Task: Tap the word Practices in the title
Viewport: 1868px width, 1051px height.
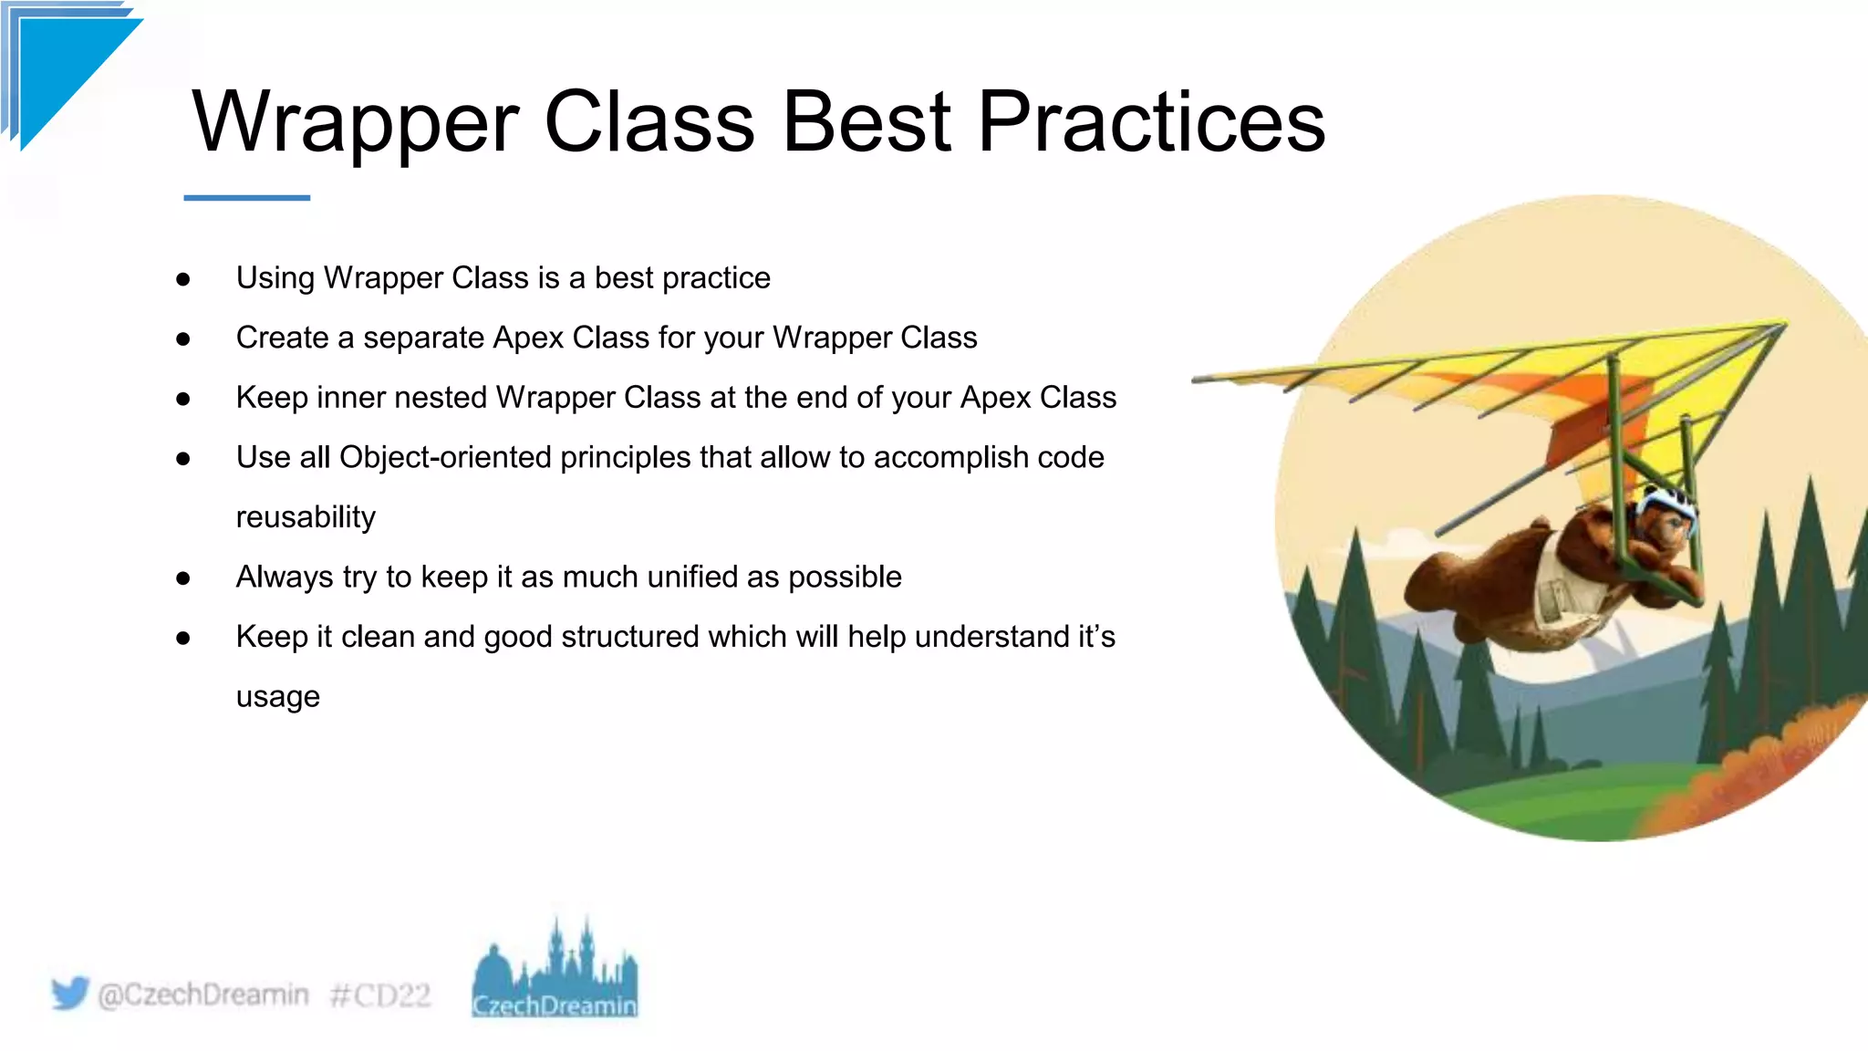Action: [1151, 123]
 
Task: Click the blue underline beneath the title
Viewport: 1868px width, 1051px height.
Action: [246, 197]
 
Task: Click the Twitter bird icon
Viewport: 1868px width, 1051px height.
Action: [70, 993]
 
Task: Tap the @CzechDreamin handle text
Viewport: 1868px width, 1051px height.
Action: [202, 994]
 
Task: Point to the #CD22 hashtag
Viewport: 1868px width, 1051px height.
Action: [379, 994]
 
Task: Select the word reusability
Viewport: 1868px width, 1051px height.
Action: [306, 517]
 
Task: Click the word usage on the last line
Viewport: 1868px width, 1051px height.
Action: [277, 697]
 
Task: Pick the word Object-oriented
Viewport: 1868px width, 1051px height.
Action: [445, 457]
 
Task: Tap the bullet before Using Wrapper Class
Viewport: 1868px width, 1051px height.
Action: [183, 279]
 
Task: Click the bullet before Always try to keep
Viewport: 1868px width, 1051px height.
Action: [183, 578]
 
